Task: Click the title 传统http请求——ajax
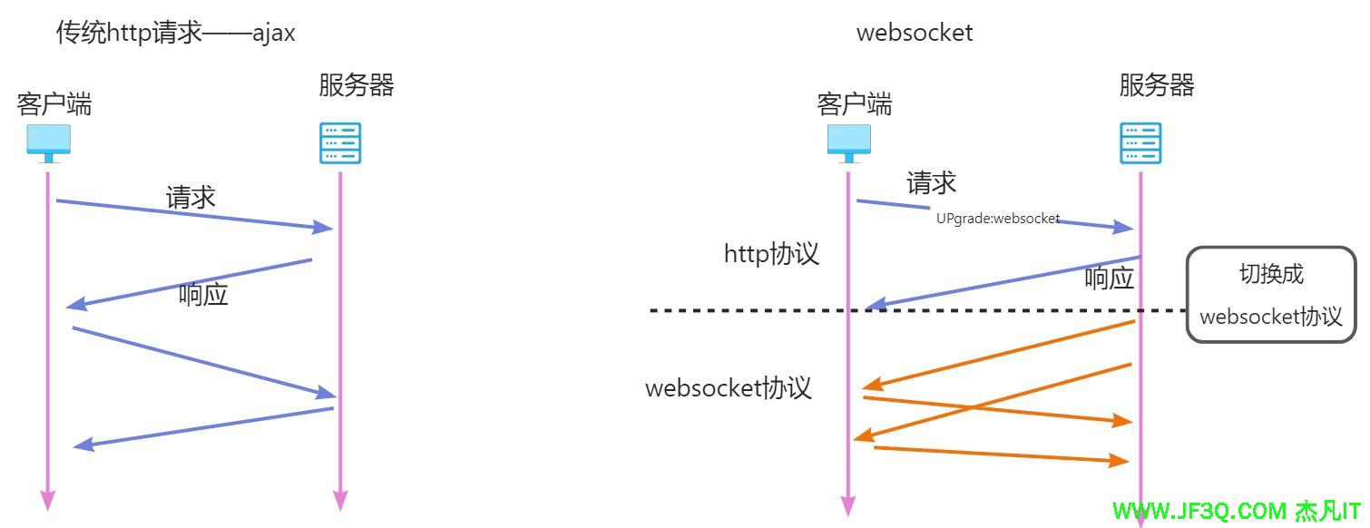[176, 34]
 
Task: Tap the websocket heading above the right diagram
[915, 33]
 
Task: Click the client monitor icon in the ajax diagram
[48, 143]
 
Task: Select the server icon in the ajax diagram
[340, 143]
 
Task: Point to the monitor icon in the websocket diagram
[848, 143]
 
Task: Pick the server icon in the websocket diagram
[1140, 143]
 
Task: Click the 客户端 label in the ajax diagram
[54, 104]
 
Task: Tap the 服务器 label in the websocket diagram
[1157, 85]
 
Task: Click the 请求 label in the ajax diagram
[191, 197]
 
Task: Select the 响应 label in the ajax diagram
[203, 295]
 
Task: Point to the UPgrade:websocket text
[998, 219]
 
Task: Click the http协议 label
[771, 253]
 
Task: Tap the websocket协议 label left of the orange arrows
[728, 388]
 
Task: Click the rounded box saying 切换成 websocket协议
[1270, 295]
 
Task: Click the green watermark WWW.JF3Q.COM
[1199, 511]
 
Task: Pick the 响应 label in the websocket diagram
[1110, 279]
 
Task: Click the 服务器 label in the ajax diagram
[357, 85]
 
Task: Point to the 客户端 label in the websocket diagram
[855, 104]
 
